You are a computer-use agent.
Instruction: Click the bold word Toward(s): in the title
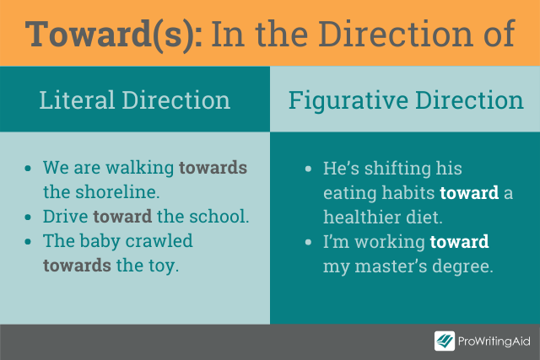pyautogui.click(x=114, y=35)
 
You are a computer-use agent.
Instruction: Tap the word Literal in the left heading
pyautogui.click(x=77, y=100)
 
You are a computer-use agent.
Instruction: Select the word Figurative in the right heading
pyautogui.click(x=348, y=101)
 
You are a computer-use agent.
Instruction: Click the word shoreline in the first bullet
pyautogui.click(x=117, y=191)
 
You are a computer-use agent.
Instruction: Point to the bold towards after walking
pyautogui.click(x=213, y=168)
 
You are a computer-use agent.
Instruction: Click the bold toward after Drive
pyautogui.click(x=122, y=217)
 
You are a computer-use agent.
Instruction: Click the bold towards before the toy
pyautogui.click(x=77, y=266)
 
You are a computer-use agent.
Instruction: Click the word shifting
pyautogui.click(x=397, y=169)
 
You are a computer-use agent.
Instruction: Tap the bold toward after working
pyautogui.click(x=459, y=242)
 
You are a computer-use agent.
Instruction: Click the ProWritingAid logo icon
pyautogui.click(x=445, y=341)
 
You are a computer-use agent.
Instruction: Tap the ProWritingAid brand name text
pyautogui.click(x=494, y=341)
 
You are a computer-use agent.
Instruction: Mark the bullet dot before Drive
pyautogui.click(x=28, y=218)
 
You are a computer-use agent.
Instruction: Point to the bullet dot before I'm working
pyautogui.click(x=308, y=242)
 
